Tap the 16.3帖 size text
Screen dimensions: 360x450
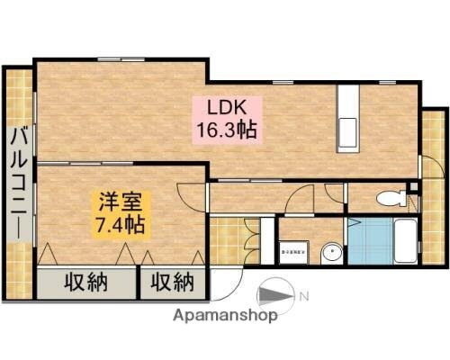tap(227, 129)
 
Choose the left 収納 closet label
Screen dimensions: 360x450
tap(86, 283)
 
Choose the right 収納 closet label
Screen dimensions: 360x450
tap(172, 283)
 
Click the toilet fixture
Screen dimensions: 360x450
tap(390, 198)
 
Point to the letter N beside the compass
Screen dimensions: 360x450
tap(303, 295)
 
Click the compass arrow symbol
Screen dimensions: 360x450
tap(276, 296)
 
